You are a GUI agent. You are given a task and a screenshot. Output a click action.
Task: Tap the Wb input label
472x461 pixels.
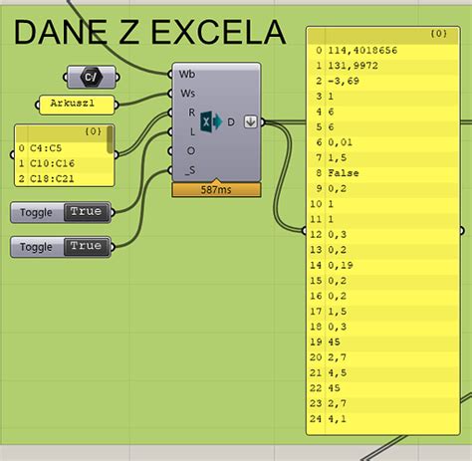[186, 73]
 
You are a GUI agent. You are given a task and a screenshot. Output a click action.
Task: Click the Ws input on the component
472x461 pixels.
[187, 93]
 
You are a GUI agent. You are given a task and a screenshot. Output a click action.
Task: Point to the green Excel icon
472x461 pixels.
[210, 121]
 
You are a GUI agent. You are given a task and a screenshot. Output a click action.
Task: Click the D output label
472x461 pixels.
[231, 121]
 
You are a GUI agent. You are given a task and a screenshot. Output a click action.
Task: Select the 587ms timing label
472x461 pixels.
[215, 189]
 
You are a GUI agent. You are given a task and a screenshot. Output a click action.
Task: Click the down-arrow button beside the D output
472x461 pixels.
[251, 121]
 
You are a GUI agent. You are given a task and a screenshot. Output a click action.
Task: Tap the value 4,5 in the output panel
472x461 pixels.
[335, 371]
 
